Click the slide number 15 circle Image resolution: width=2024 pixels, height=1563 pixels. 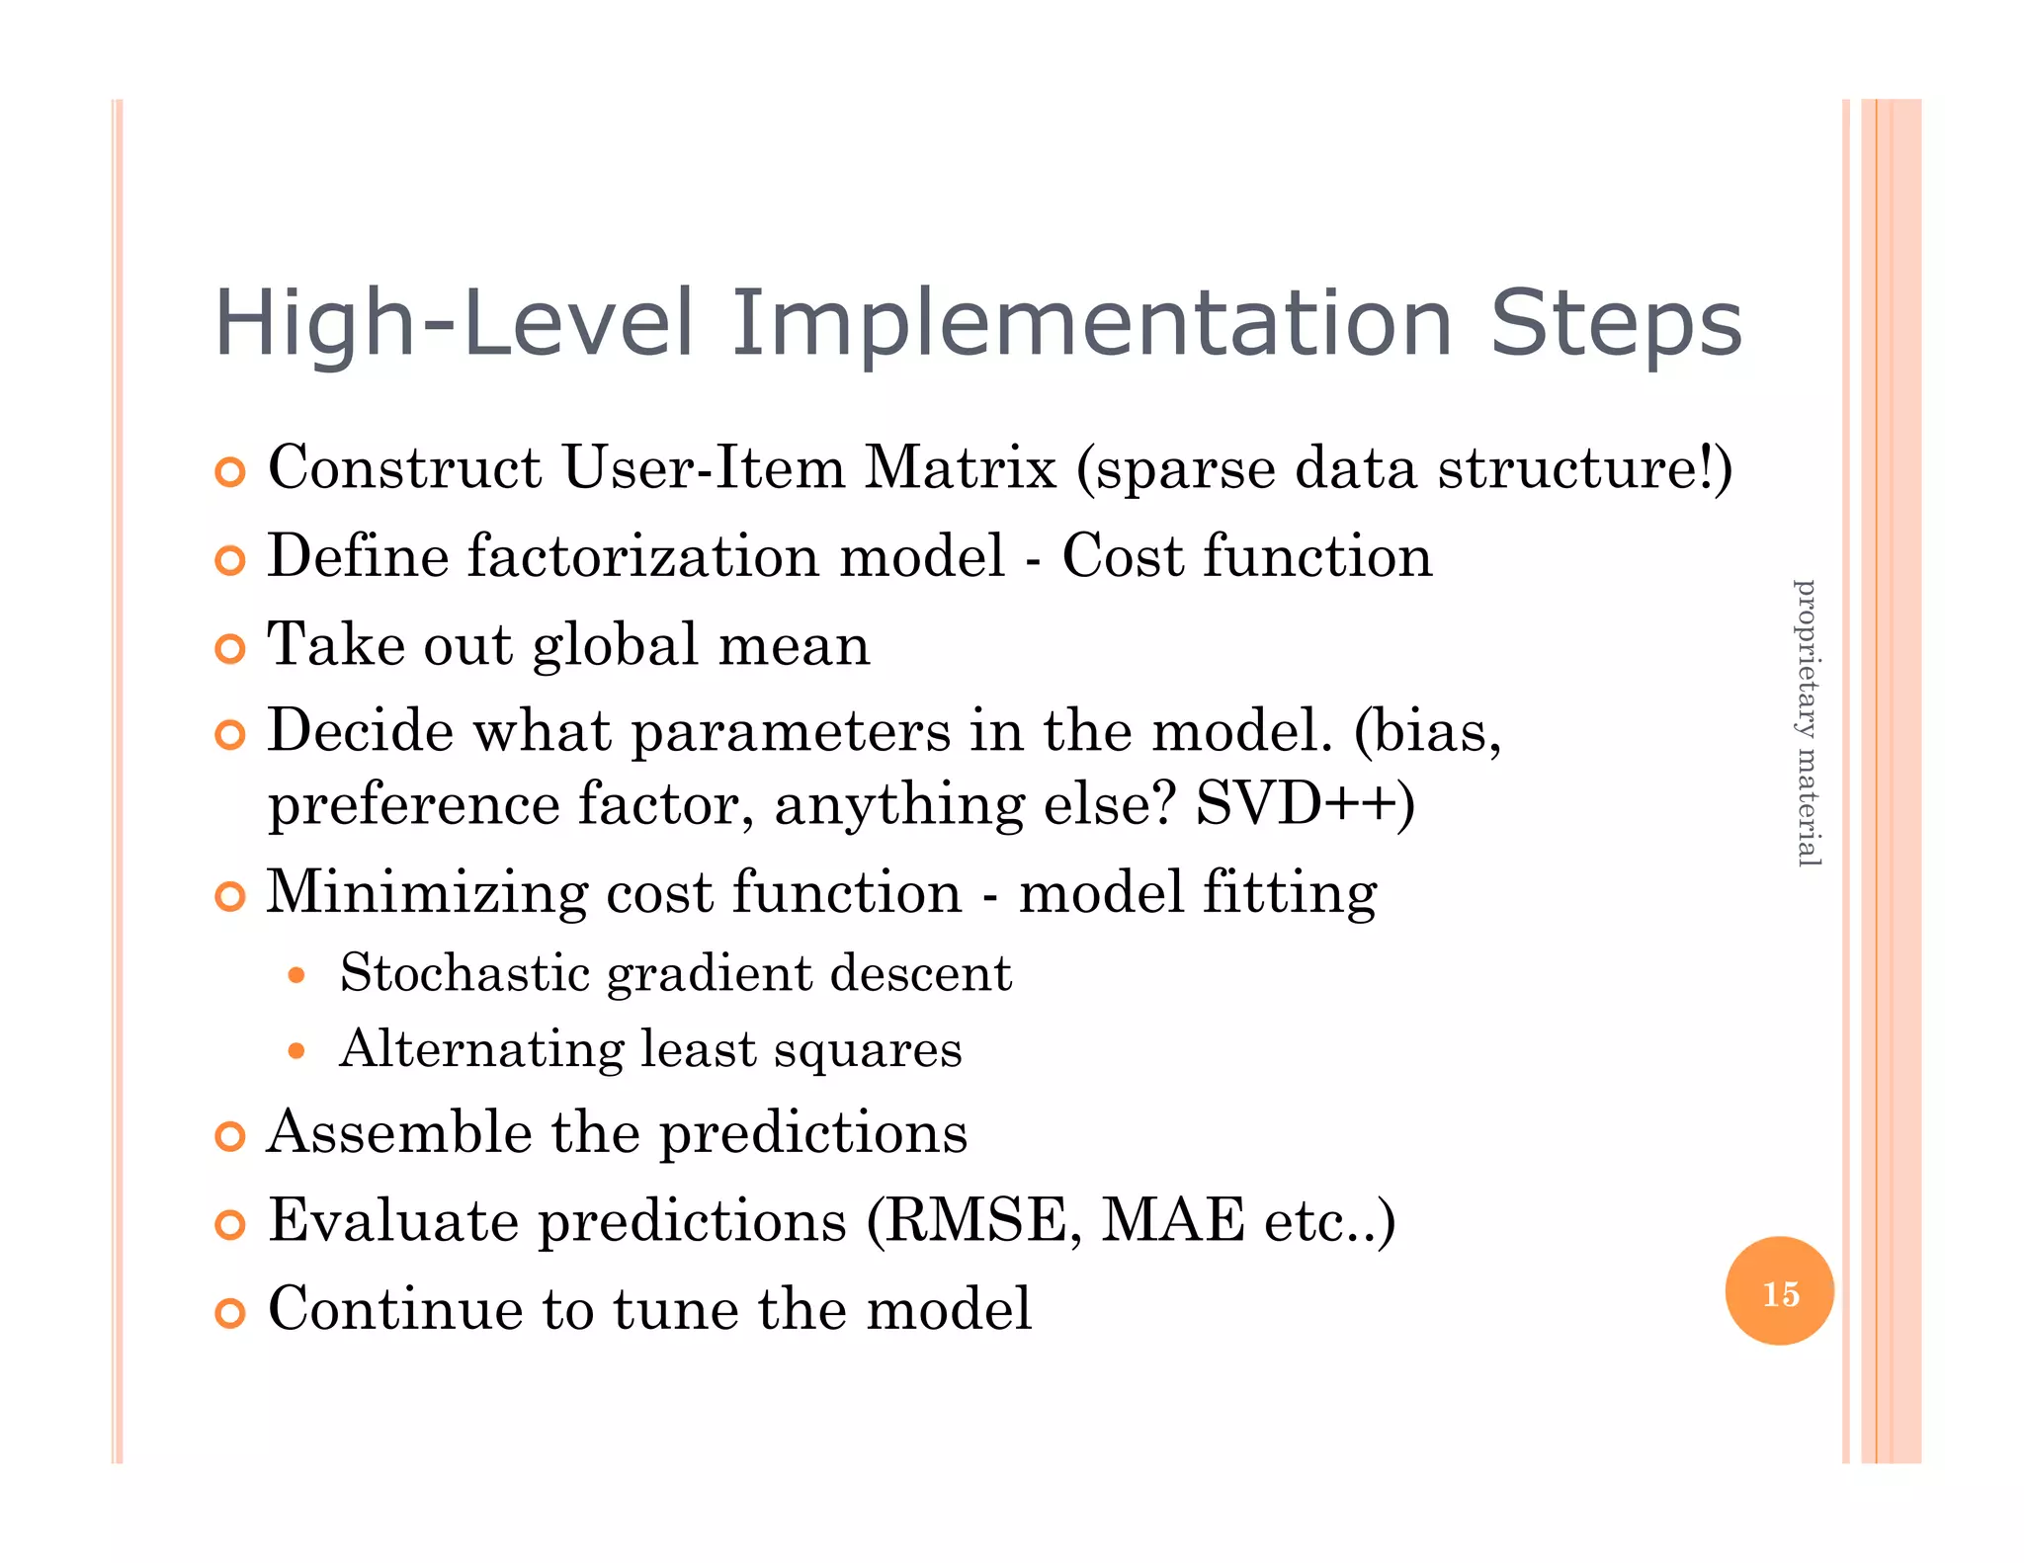point(1779,1291)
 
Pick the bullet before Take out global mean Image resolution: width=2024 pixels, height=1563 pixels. point(229,649)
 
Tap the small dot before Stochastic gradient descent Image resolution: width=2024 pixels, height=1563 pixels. point(296,976)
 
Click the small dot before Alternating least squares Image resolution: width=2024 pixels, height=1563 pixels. point(296,1051)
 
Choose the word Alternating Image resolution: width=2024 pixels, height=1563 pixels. point(481,1049)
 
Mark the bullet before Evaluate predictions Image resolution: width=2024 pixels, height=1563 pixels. point(229,1225)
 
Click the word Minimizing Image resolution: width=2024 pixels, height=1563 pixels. point(426,893)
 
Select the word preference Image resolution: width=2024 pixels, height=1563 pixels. point(414,805)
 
